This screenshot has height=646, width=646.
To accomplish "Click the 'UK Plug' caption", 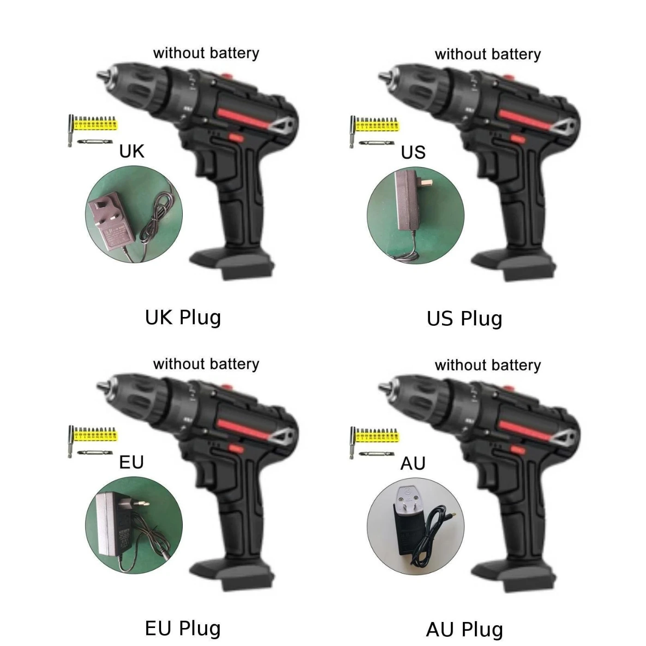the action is pyautogui.click(x=183, y=318).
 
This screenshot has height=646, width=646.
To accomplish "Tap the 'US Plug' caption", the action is pyautogui.click(x=465, y=319).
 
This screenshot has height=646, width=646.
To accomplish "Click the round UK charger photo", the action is pyautogui.click(x=134, y=214).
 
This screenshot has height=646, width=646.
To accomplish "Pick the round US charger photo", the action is pyautogui.click(x=416, y=215).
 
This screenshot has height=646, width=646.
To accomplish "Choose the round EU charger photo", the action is pyautogui.click(x=134, y=525).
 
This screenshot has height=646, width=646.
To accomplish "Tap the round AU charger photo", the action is pyautogui.click(x=416, y=526).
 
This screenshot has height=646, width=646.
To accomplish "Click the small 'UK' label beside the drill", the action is pyautogui.click(x=132, y=151).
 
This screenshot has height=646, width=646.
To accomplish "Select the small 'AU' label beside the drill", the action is pyautogui.click(x=413, y=464).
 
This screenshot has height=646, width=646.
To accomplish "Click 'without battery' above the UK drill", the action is pyautogui.click(x=206, y=54).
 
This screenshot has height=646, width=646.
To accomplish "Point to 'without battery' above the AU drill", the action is pyautogui.click(x=488, y=365).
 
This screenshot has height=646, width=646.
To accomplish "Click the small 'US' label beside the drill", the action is pyautogui.click(x=413, y=153).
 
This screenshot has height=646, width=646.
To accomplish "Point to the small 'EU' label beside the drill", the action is pyautogui.click(x=132, y=462).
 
